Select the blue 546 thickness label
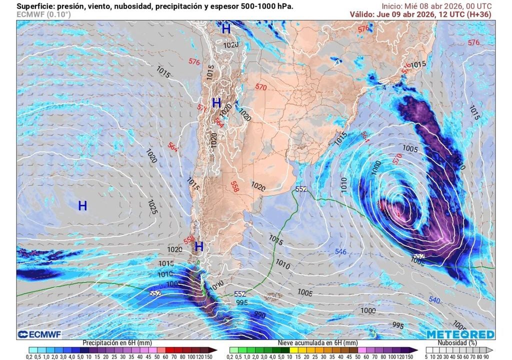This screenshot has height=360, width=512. click(x=340, y=251)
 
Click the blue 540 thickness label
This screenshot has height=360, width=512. click(x=434, y=300)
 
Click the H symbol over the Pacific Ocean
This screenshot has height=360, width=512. click(x=82, y=205)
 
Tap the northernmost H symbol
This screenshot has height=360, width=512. click(x=226, y=29)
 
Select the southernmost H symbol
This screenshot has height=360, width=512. click(x=199, y=246)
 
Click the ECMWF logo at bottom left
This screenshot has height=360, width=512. click(x=36, y=334)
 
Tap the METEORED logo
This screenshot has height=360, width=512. click(x=460, y=334)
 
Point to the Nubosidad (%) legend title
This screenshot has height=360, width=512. click(x=459, y=343)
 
